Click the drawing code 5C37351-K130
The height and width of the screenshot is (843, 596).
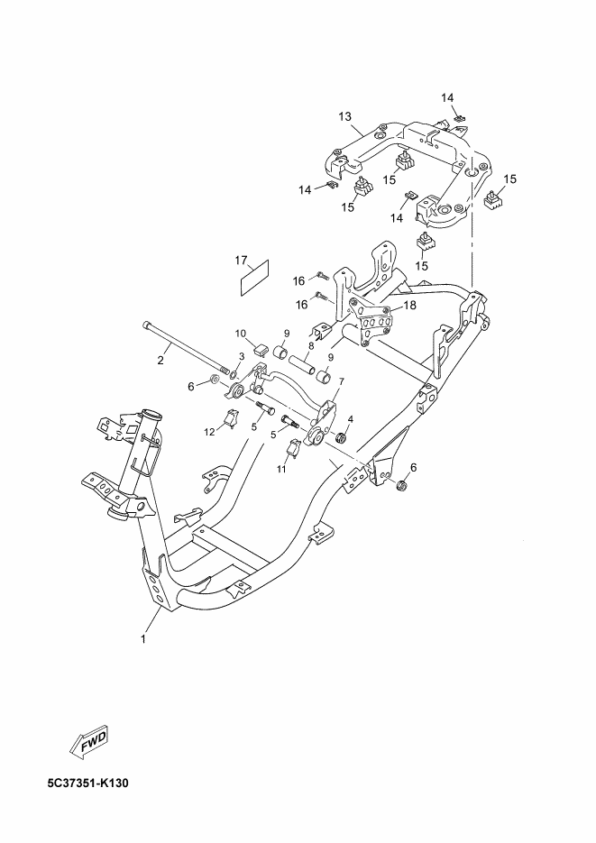[x=89, y=783]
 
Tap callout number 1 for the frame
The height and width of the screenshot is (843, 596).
[x=142, y=639]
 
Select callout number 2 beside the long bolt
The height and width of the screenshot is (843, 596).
[x=160, y=362]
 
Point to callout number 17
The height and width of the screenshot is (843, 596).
[x=242, y=261]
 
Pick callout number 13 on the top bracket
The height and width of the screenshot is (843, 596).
[x=344, y=117]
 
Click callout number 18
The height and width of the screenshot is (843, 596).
[x=410, y=306]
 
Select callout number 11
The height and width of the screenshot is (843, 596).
[x=280, y=469]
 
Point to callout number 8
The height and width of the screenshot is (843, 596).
[x=286, y=344]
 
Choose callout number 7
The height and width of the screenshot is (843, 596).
[x=341, y=382]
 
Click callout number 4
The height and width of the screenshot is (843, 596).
[x=350, y=419]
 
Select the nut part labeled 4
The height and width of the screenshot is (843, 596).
[x=343, y=438]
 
